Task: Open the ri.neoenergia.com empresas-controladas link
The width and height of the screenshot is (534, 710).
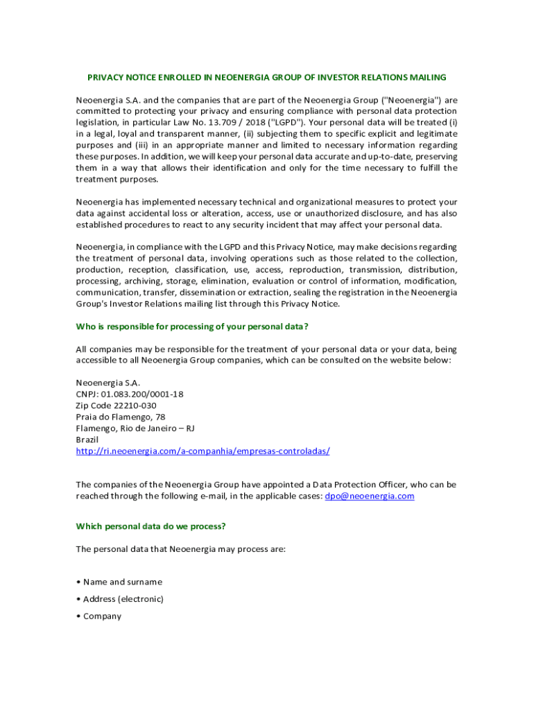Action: click(203, 451)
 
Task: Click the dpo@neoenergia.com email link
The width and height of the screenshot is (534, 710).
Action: click(369, 496)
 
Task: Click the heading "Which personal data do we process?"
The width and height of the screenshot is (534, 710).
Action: click(150, 526)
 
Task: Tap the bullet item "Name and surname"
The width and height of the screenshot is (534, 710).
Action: click(123, 582)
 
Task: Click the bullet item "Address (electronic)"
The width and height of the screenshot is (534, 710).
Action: click(123, 599)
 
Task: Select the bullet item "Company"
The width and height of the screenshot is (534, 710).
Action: click(102, 616)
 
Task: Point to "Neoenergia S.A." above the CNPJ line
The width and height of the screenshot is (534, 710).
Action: click(107, 383)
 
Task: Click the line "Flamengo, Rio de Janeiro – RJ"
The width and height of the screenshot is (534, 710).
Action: click(135, 428)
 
